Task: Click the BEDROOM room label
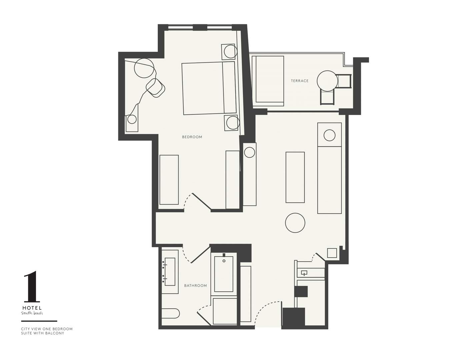pyautogui.click(x=192, y=137)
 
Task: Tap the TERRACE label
pyautogui.click(x=300, y=81)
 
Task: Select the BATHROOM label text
pyautogui.click(x=195, y=286)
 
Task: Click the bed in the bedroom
pyautogui.click(x=209, y=88)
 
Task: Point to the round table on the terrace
pyautogui.click(x=327, y=81)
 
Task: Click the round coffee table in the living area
pyautogui.click(x=295, y=223)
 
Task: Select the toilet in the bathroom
pyautogui.click(x=171, y=313)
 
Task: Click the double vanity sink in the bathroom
pyautogui.click(x=170, y=272)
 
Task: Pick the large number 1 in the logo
pyautogui.click(x=32, y=286)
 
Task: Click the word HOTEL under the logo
pyautogui.click(x=32, y=308)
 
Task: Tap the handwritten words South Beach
pyautogui.click(x=32, y=313)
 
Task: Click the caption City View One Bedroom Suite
pyautogui.click(x=47, y=331)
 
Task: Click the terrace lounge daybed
pyautogui.click(x=268, y=81)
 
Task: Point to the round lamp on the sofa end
pyautogui.click(x=329, y=136)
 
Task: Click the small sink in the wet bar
pyautogui.click(x=304, y=273)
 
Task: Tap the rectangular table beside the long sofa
pyautogui.click(x=295, y=177)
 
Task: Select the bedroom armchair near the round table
pyautogui.click(x=156, y=88)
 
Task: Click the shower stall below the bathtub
pyautogui.click(x=225, y=311)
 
